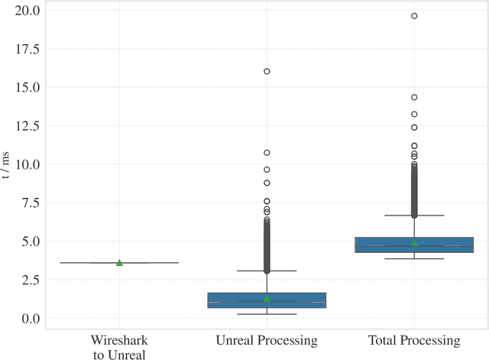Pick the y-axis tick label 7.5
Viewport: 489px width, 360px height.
(x=31, y=203)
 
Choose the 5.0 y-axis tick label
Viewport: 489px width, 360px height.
(x=31, y=242)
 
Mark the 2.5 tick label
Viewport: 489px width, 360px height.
(x=31, y=280)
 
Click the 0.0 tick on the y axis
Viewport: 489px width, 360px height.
(x=31, y=319)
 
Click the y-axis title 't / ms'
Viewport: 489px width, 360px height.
(x=7, y=164)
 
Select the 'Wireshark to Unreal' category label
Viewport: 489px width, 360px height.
(x=118, y=346)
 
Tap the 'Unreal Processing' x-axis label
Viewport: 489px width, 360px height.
(x=267, y=340)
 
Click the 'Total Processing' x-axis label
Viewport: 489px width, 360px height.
(x=414, y=340)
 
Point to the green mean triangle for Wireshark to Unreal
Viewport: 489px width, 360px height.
(x=119, y=262)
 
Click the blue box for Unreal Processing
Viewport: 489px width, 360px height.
(x=267, y=300)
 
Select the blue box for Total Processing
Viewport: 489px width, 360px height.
(x=414, y=245)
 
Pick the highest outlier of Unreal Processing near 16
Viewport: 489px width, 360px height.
(x=267, y=71)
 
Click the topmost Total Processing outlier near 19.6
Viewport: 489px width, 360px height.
(x=414, y=15)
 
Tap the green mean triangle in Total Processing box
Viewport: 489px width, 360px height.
(x=414, y=243)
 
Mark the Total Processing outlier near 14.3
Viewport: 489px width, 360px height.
(x=414, y=97)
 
